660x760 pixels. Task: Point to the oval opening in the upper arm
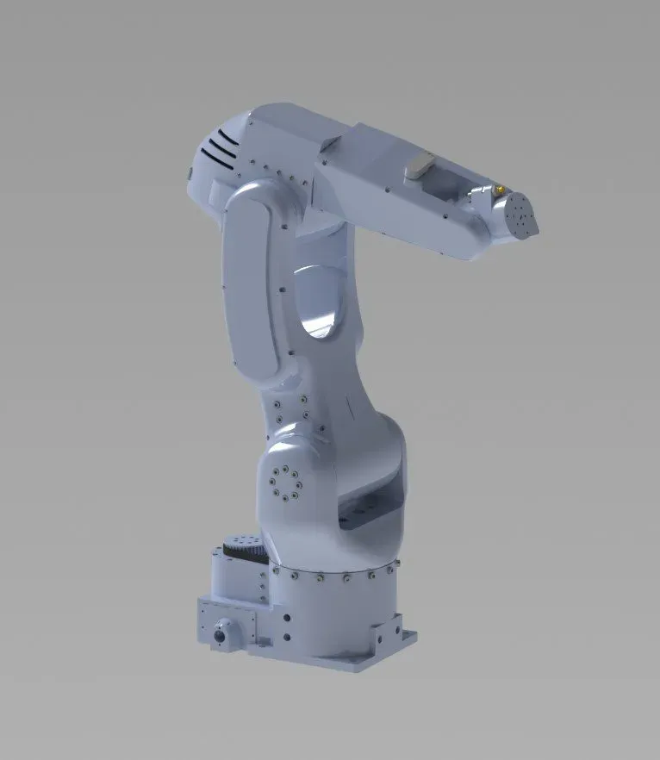[321, 301]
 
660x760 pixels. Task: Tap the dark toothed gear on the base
[242, 546]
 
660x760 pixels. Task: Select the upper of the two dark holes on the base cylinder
[283, 618]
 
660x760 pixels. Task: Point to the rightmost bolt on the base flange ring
[395, 564]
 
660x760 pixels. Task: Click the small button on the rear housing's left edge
[190, 173]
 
